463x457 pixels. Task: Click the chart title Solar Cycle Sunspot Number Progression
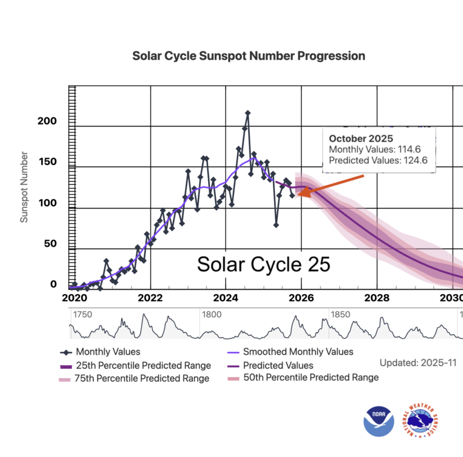[x=249, y=56]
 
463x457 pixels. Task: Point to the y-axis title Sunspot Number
[x=24, y=188]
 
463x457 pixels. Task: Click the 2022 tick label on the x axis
[x=150, y=298]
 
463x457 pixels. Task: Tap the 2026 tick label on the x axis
[x=302, y=298]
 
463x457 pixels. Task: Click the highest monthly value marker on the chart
[x=248, y=114]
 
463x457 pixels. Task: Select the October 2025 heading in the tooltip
[x=361, y=139]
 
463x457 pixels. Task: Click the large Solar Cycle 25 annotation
[x=263, y=264]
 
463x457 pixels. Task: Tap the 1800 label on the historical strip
[x=212, y=314]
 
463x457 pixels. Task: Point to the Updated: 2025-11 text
[x=418, y=363]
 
